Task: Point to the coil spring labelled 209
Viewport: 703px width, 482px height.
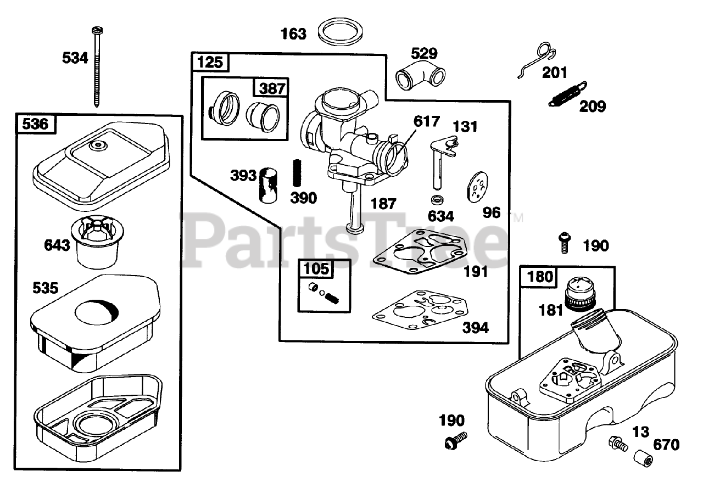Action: [x=567, y=93]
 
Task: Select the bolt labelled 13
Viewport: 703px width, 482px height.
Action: [x=618, y=443]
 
